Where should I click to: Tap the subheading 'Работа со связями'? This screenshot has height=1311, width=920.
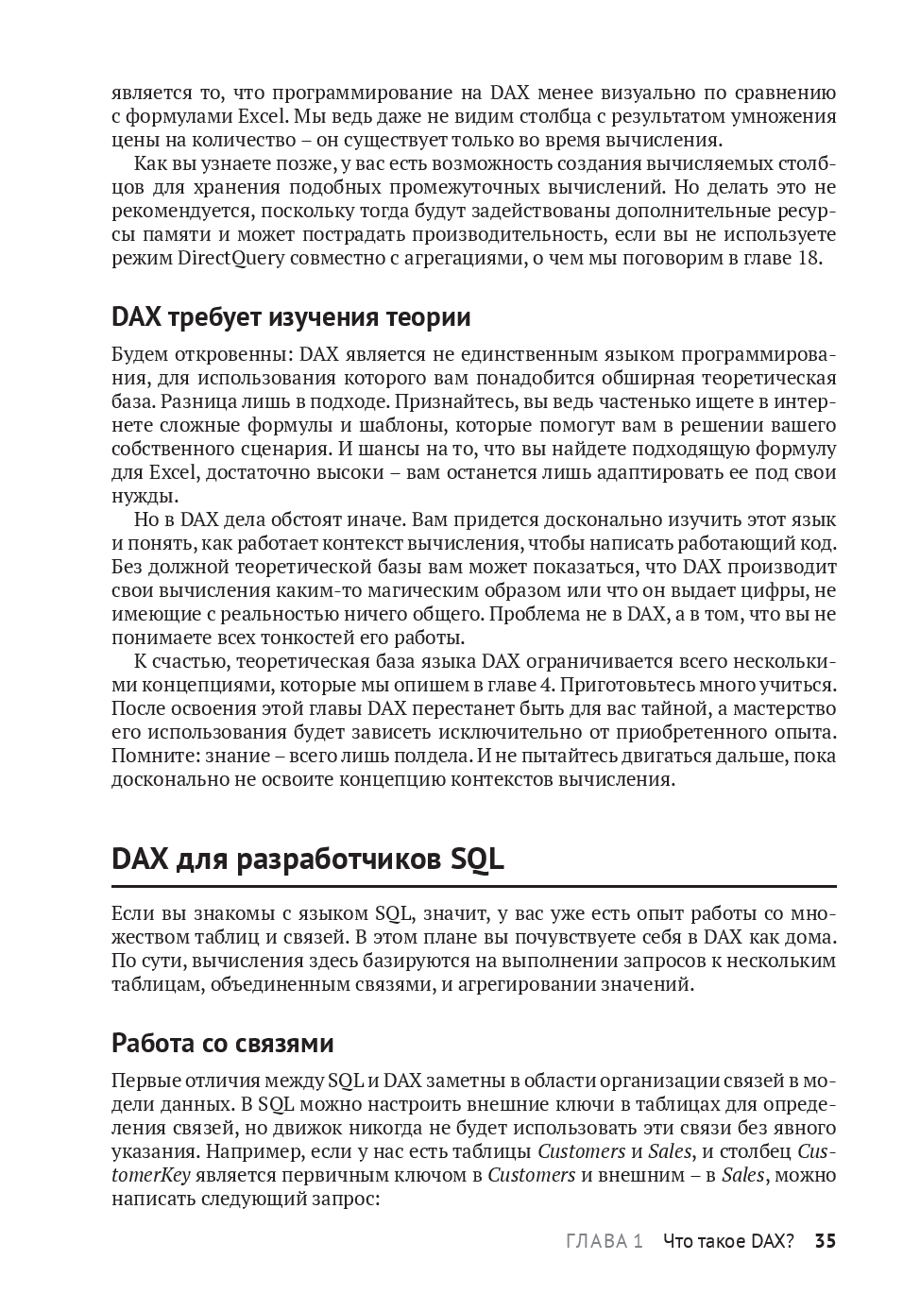222,1043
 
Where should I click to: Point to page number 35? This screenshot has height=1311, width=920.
826,1241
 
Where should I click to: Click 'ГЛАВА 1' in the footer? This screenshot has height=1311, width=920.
605,1241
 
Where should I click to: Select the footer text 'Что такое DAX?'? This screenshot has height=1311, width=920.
728,1241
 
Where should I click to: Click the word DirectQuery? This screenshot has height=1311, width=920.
230,258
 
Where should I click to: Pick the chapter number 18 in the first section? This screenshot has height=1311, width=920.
809,258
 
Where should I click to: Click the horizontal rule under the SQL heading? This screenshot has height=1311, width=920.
473,887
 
